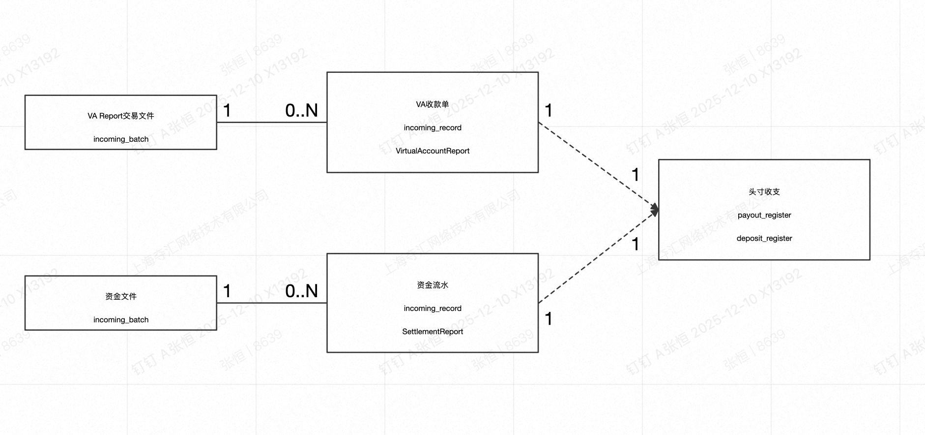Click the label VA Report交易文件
point(121,116)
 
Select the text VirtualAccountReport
point(433,151)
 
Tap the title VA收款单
point(433,104)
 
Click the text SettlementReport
point(433,332)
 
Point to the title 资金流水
point(433,285)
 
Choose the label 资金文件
point(121,297)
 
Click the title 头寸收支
point(764,192)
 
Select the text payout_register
point(764,215)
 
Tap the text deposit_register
point(764,239)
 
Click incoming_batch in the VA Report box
point(121,139)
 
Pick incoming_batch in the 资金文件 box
point(121,320)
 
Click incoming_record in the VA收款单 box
point(433,128)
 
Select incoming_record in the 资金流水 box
point(433,309)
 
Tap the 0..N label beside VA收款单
point(301,111)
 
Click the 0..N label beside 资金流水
point(301,291)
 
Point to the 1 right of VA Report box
point(227,111)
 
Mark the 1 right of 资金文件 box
point(227,291)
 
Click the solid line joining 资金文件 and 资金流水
point(272,303)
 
